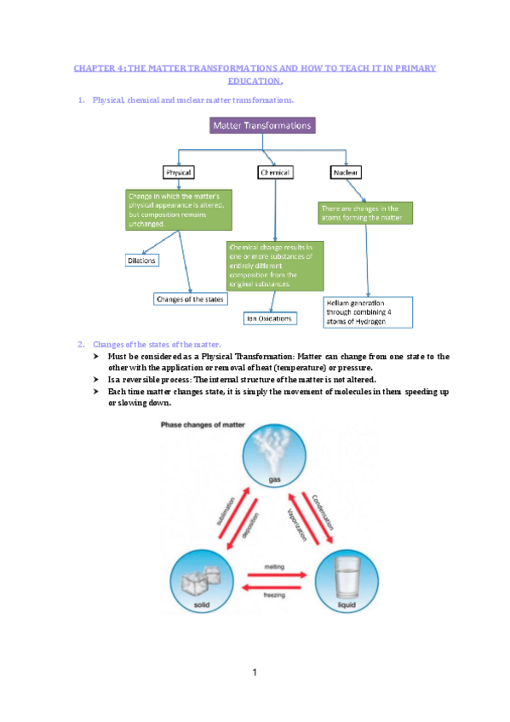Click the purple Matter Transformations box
[x=261, y=126]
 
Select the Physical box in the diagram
[x=178, y=172]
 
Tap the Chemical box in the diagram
[x=274, y=172]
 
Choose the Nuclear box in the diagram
[x=345, y=172]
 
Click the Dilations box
[x=141, y=261]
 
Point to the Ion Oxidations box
[x=269, y=318]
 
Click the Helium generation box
[x=368, y=312]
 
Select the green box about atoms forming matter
[x=365, y=213]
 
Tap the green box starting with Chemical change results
[x=274, y=265]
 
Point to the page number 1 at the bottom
[x=255, y=673]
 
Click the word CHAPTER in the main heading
[x=94, y=66]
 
